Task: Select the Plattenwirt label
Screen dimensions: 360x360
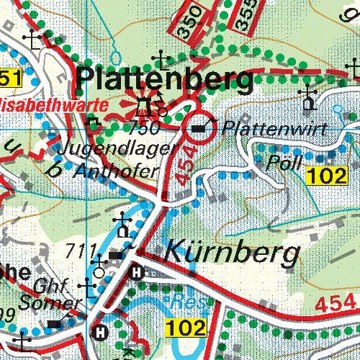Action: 274,130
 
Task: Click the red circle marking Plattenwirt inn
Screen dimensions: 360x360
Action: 200,128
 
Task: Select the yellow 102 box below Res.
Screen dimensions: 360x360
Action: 186,328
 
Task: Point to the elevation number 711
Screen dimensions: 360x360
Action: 80,251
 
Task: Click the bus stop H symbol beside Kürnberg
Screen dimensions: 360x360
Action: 136,272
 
